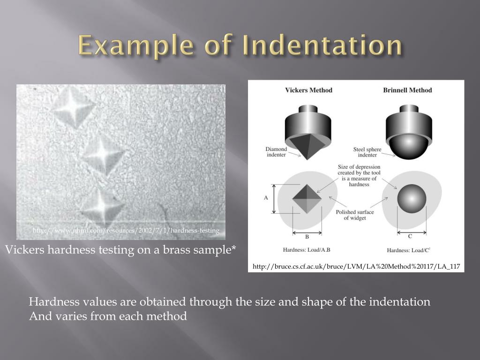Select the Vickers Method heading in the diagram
click(308, 90)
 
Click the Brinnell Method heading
click(407, 90)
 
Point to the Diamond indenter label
click(276, 152)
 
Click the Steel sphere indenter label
click(367, 152)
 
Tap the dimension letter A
click(265, 198)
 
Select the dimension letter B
click(307, 237)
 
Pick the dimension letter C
click(411, 236)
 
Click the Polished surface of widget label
click(355, 215)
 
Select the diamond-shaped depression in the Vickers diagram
click(307, 198)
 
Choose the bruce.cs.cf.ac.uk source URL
click(356, 267)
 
